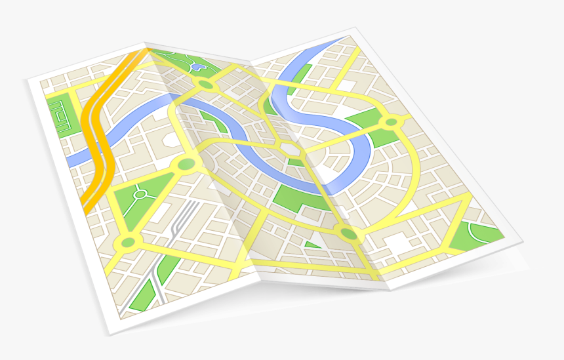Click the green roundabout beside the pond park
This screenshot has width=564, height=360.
pyautogui.click(x=207, y=85)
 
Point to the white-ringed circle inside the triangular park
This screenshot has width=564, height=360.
pyautogui.click(x=140, y=194)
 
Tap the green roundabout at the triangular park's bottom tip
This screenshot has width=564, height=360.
pyautogui.click(x=127, y=243)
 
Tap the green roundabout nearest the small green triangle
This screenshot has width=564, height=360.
pyautogui.click(x=347, y=233)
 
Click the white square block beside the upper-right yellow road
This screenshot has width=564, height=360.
pyautogui.click(x=346, y=86)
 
